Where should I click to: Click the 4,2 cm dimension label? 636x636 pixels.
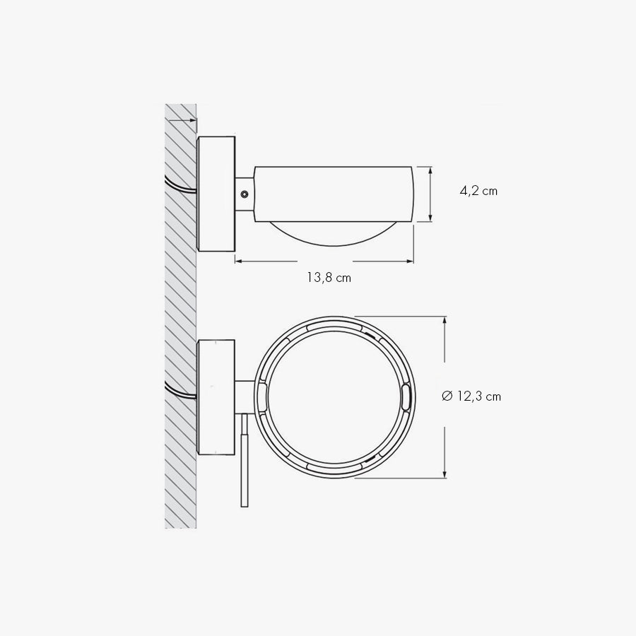tap(478, 191)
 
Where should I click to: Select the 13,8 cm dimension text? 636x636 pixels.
tap(329, 278)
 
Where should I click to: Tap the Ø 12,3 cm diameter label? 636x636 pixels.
tap(471, 396)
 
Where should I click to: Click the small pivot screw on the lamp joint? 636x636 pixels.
tap(245, 194)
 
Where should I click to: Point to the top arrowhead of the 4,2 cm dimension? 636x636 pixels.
tap(430, 170)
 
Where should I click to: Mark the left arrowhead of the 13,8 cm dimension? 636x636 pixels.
tap(239, 261)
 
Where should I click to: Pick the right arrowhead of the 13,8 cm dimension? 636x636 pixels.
tap(409, 261)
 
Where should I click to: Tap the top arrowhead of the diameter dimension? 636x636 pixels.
tap(445, 320)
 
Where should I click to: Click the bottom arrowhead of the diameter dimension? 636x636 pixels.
tap(445, 473)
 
